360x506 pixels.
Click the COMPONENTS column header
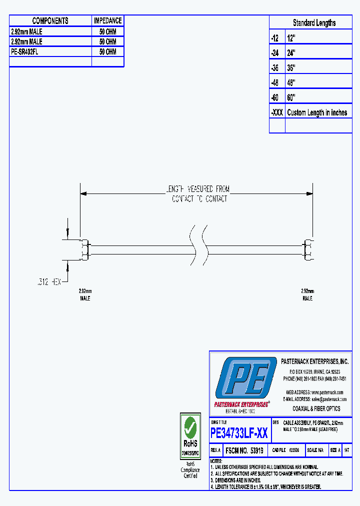(50, 21)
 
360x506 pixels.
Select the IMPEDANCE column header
(107, 21)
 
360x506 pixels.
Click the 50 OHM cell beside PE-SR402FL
(107, 52)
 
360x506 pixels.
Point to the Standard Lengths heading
(314, 23)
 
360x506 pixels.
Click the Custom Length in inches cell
(317, 112)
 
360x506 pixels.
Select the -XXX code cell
(276, 112)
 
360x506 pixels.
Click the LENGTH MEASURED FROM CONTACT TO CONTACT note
(198, 194)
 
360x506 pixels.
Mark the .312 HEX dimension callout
(48, 282)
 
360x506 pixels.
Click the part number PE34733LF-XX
(239, 433)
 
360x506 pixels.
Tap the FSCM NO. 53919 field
(244, 450)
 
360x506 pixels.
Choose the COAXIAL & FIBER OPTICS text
(316, 408)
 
